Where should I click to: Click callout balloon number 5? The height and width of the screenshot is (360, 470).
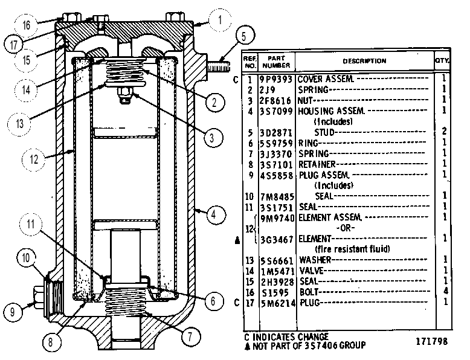243,36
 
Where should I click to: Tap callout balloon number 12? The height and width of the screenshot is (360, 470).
34,159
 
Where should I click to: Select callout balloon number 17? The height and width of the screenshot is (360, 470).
14,44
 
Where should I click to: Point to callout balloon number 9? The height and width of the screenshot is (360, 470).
13,312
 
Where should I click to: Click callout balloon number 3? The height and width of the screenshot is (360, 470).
212,138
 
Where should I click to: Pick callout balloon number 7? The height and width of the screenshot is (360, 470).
190,336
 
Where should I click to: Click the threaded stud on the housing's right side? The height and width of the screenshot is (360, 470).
219,66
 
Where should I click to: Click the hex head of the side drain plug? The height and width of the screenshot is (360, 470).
38,298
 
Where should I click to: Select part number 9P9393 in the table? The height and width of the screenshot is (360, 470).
275,80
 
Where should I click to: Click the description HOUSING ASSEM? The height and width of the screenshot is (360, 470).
331,111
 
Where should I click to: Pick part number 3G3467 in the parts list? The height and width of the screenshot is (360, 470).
276,240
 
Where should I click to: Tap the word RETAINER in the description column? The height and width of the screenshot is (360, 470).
317,164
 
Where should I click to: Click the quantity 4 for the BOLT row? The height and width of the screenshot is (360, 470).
445,291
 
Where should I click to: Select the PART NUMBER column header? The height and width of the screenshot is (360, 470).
275,62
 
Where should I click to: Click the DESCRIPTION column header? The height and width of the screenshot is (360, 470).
364,61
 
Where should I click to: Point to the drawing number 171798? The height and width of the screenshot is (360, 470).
431,341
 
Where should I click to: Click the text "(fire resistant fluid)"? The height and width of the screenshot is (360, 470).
352,249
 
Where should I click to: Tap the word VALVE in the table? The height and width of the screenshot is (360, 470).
312,271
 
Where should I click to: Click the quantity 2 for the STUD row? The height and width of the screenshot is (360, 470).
444,131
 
